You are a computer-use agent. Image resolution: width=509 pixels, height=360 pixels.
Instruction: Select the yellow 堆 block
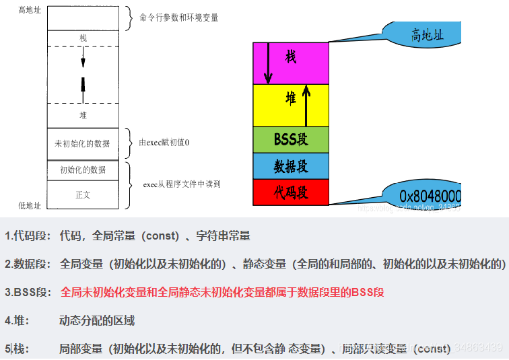coord(291,99)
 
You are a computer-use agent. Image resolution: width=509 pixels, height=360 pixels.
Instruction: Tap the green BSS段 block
coord(291,140)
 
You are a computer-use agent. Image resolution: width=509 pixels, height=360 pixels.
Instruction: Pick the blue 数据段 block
coord(291,166)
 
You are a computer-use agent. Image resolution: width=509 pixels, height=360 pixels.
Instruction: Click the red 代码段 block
coord(291,192)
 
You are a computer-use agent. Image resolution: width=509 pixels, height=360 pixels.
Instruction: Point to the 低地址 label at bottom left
coord(29,205)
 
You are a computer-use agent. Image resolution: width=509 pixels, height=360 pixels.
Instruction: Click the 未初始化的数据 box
coord(83,143)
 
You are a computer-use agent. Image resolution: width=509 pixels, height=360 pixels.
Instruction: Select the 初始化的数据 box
coord(83,170)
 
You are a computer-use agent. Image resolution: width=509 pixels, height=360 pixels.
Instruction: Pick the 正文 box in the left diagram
coord(83,194)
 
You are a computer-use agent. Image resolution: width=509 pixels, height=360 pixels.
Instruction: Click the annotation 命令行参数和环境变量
coord(178,17)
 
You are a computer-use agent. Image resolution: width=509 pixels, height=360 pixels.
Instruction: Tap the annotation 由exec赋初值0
coord(164,143)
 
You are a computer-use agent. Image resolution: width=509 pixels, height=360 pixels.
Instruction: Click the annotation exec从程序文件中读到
coord(182,183)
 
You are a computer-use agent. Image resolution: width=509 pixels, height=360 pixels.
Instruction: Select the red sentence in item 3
coord(222,292)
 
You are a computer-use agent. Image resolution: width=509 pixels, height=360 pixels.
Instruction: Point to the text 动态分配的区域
coord(97,320)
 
